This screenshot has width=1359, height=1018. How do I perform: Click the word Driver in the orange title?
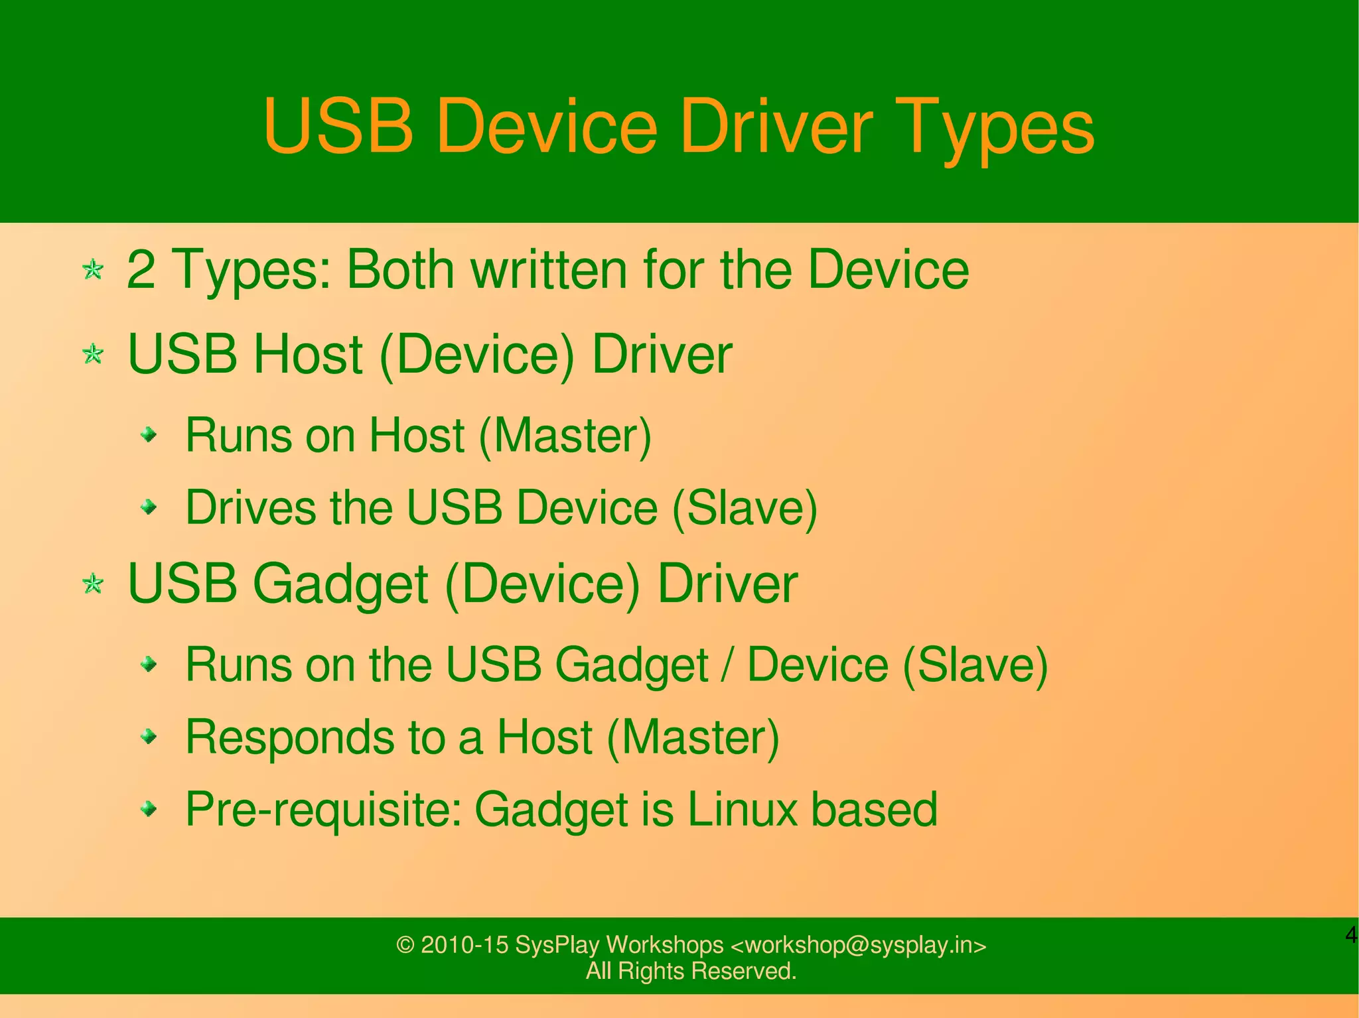click(x=776, y=126)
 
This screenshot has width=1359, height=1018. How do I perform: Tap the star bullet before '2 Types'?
click(x=93, y=270)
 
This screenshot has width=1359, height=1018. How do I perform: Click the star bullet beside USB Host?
click(x=93, y=354)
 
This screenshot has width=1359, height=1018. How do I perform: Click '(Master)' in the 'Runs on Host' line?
click(x=565, y=436)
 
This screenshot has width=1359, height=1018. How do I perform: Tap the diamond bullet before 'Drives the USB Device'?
click(x=150, y=508)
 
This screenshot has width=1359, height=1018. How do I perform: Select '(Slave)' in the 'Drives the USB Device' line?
click(x=745, y=508)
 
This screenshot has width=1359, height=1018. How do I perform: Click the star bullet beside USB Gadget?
click(x=93, y=584)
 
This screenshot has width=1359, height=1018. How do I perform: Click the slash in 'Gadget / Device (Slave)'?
click(x=728, y=665)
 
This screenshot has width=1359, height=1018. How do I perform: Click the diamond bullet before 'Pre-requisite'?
click(x=150, y=809)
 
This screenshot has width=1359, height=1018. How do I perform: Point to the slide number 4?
click(x=1350, y=935)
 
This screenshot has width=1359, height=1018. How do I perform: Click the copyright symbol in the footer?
click(x=405, y=945)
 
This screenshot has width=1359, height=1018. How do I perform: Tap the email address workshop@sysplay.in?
click(x=858, y=945)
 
